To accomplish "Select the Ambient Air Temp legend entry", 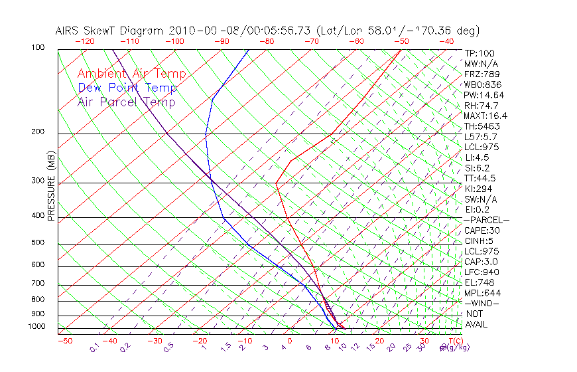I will (x=131, y=74).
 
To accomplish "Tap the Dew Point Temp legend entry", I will (x=127, y=88).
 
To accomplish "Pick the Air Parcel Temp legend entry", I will (x=126, y=102).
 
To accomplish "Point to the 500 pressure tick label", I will (x=38, y=242).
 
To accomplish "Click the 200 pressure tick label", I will (x=38, y=132).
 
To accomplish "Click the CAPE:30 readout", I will (x=481, y=231).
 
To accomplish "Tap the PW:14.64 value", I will (x=483, y=95).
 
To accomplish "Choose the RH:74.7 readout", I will (x=481, y=105).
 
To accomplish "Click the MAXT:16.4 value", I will (x=485, y=116).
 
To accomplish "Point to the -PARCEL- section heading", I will (x=486, y=220).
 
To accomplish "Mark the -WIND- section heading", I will (x=481, y=304).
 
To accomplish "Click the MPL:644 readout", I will (x=482, y=293).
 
